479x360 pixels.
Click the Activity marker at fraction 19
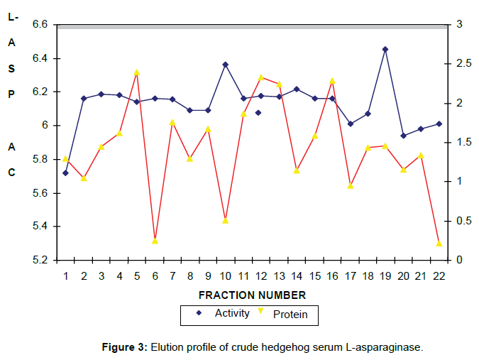click(385, 50)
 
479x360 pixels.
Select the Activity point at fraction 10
click(226, 65)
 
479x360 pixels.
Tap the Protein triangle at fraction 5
click(137, 72)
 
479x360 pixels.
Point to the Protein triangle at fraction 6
click(155, 241)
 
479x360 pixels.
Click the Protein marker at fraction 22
click(439, 244)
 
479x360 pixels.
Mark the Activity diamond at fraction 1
click(66, 173)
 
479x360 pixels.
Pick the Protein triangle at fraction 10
click(226, 221)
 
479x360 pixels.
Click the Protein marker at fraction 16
click(332, 81)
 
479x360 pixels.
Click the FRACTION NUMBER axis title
click(252, 295)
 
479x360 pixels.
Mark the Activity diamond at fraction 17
click(350, 124)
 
